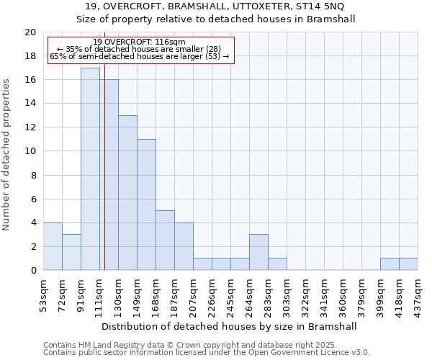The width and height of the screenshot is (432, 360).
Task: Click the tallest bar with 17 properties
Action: [90, 169]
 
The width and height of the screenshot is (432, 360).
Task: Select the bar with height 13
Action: [127, 193]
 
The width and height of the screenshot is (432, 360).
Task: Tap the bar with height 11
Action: [146, 204]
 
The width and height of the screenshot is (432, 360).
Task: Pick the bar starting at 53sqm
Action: [53, 246]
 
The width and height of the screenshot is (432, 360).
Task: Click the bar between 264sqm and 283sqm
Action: [258, 252]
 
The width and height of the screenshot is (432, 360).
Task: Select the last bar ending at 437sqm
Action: [408, 264]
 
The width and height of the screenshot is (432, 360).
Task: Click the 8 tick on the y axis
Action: [32, 175]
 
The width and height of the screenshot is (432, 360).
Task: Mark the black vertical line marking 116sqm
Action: [104, 180]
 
